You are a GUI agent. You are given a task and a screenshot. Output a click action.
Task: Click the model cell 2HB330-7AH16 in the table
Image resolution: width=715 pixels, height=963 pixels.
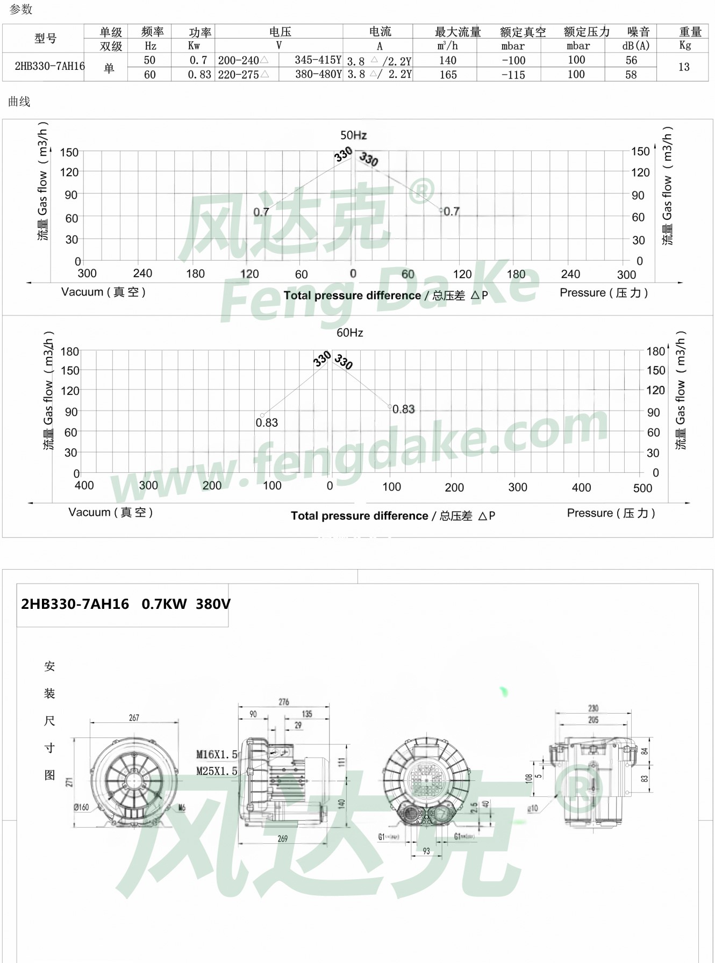coord(49,67)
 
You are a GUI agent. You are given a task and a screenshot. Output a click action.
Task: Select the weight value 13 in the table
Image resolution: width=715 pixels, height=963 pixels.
coord(684,67)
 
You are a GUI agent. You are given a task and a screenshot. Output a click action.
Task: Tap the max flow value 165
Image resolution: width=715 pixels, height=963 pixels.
coord(448,75)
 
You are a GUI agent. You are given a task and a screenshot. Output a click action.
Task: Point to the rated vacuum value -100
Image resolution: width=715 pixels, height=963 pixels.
coord(513,61)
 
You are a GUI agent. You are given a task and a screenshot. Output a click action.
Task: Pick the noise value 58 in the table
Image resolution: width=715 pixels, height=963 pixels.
coord(631,75)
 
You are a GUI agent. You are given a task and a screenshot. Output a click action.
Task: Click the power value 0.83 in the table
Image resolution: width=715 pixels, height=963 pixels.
coord(199,75)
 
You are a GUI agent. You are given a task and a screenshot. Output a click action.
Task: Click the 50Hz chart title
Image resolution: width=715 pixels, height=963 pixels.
coord(353,135)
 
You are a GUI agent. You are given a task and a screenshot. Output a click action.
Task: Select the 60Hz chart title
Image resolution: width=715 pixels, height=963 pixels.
coord(349,333)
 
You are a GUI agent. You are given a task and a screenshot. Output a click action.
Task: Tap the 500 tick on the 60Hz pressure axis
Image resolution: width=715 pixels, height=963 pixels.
coord(642,488)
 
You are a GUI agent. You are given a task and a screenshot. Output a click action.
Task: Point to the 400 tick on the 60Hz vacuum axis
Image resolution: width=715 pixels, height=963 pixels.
coord(84,486)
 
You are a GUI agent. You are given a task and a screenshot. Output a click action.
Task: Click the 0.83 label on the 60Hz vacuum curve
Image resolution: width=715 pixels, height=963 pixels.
coord(267,423)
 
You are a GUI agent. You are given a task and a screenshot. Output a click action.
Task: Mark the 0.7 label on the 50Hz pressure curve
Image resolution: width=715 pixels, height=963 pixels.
coord(451,212)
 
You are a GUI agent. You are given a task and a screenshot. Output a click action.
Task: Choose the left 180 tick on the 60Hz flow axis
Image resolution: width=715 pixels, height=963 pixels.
coord(70,352)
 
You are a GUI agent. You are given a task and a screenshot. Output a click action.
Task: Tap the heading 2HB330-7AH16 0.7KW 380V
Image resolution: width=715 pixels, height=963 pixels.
coord(125,604)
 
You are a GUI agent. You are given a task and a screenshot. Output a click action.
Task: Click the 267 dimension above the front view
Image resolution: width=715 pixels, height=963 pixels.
coord(134,718)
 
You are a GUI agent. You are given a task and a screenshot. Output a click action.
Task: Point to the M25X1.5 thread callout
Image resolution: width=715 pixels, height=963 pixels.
coord(217,771)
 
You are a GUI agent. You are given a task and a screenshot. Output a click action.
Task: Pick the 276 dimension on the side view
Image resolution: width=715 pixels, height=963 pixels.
coord(284,702)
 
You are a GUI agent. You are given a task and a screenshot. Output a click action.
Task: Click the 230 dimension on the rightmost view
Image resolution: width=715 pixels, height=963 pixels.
coord(593,708)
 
